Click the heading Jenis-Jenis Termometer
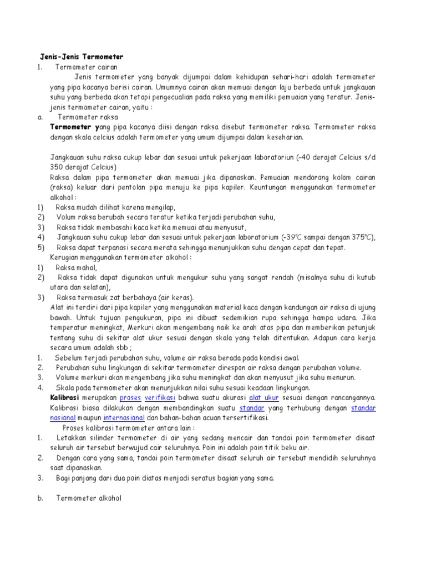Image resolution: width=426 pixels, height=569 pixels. (82, 57)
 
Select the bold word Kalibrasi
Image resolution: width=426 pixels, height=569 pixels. (64, 398)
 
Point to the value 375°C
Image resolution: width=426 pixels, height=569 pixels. (362, 238)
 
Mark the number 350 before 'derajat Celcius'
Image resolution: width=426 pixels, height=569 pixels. (58, 167)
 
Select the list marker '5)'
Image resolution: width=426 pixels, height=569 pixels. (40, 248)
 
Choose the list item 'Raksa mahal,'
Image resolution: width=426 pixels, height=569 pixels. (80, 267)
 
